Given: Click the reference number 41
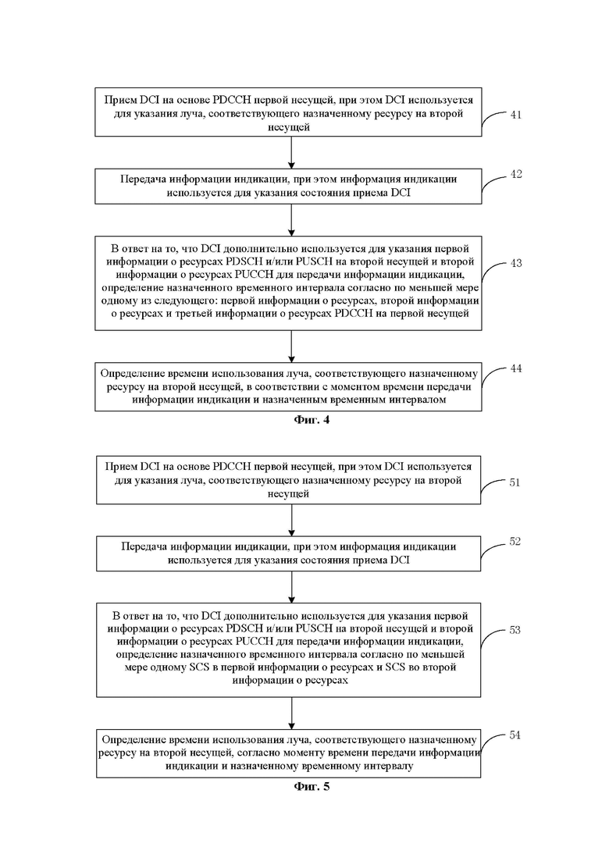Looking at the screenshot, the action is [x=515, y=115].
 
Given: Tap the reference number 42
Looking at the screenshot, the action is [x=515, y=174].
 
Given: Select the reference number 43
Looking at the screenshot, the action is [x=515, y=263].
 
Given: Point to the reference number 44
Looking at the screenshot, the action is [x=515, y=368].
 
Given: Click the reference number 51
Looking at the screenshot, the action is [x=515, y=482].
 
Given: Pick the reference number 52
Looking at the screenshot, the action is [x=515, y=542].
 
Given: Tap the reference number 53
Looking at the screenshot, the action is [x=515, y=630].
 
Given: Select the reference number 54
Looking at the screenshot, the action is [x=515, y=735].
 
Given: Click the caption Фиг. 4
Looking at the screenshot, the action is [x=312, y=420].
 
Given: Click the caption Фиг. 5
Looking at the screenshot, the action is [x=312, y=786].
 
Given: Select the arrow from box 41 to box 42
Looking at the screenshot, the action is [x=291, y=153].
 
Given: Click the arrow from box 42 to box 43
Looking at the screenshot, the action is [x=291, y=220].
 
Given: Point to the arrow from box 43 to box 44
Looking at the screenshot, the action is [x=291, y=347].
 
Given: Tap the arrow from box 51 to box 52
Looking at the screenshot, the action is [x=291, y=520].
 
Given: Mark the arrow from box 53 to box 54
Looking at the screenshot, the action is [x=291, y=713].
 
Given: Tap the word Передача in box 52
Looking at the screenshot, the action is [x=144, y=547].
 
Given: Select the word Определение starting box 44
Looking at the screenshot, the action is [x=134, y=374].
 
